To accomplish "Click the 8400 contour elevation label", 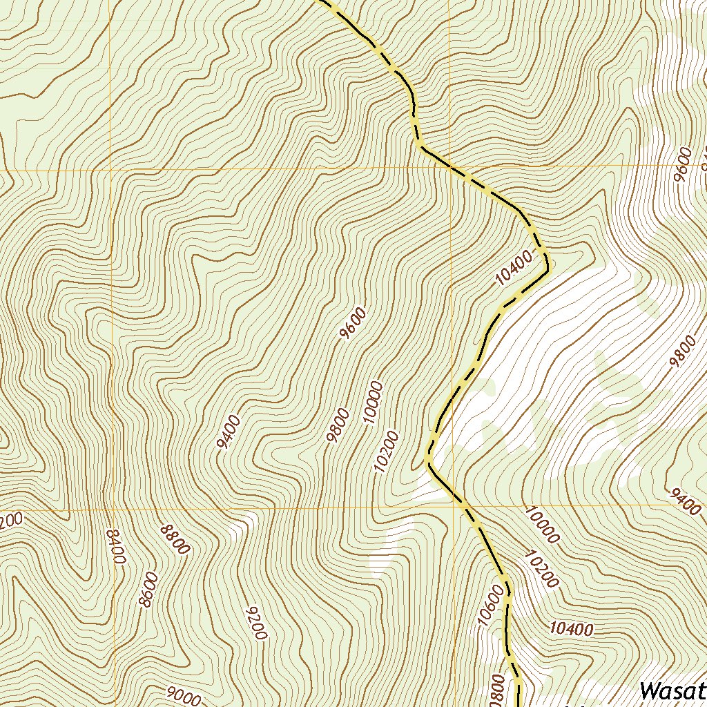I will click(x=115, y=547).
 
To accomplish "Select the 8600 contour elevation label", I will click(x=148, y=590).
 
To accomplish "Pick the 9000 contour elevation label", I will click(x=184, y=695).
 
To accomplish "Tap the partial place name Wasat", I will click(x=672, y=690).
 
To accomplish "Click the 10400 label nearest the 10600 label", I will click(x=571, y=628).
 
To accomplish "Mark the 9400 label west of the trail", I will click(x=228, y=432).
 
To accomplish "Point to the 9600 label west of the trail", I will click(x=353, y=324).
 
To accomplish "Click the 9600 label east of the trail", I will click(x=683, y=164).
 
